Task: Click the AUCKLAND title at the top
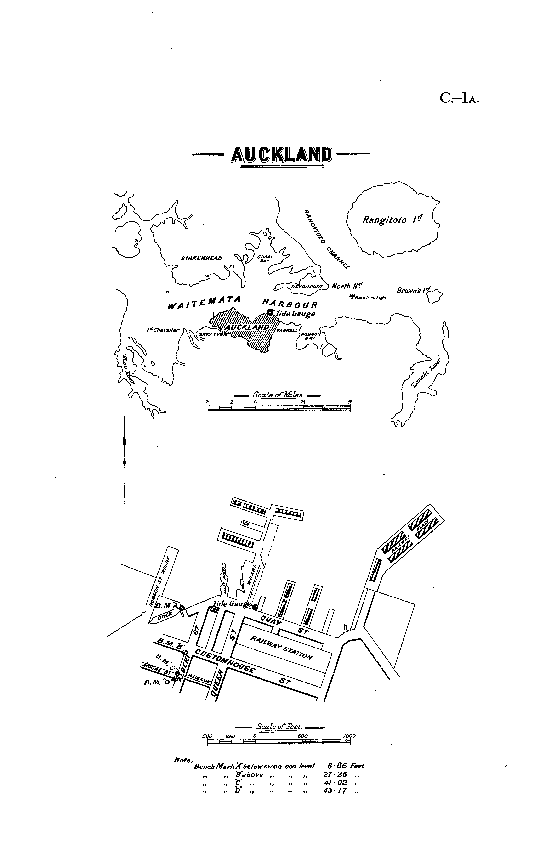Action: (281, 155)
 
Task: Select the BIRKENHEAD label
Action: (201, 258)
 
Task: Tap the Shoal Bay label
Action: (265, 259)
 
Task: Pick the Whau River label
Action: (128, 369)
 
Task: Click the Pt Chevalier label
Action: (163, 330)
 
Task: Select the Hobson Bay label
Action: (310, 336)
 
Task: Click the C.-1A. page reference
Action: (459, 98)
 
